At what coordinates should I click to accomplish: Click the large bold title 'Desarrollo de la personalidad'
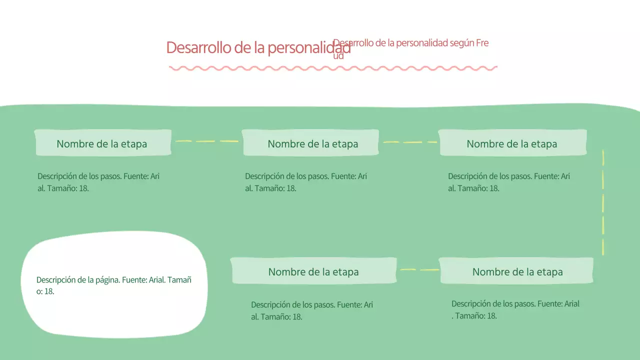pyautogui.click(x=258, y=48)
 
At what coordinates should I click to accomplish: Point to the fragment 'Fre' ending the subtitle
pyautogui.click(x=482, y=43)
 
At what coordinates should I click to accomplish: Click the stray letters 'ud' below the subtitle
pyautogui.click(x=338, y=55)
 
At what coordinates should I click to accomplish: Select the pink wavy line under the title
pyautogui.click(x=333, y=68)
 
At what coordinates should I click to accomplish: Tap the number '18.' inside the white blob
pyautogui.click(x=49, y=291)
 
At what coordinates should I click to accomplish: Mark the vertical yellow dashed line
pyautogui.click(x=603, y=202)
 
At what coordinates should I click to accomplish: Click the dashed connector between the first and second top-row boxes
pyautogui.click(x=206, y=141)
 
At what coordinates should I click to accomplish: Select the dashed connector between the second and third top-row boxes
pyautogui.click(x=409, y=142)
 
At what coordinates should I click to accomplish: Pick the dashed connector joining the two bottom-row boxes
pyautogui.click(x=419, y=270)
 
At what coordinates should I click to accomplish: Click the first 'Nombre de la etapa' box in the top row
pyautogui.click(x=102, y=143)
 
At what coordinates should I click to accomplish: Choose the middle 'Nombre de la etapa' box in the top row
pyautogui.click(x=310, y=143)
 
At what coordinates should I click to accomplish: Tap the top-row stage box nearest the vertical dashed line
pyautogui.click(x=512, y=143)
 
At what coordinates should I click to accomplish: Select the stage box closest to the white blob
pyautogui.click(x=313, y=271)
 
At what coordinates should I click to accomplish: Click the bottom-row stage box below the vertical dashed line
pyautogui.click(x=516, y=271)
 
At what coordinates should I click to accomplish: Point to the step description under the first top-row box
pyautogui.click(x=98, y=182)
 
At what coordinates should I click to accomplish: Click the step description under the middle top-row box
pyautogui.click(x=306, y=182)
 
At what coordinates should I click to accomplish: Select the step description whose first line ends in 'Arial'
pyautogui.click(x=515, y=309)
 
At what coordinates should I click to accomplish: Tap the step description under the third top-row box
pyautogui.click(x=509, y=182)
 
